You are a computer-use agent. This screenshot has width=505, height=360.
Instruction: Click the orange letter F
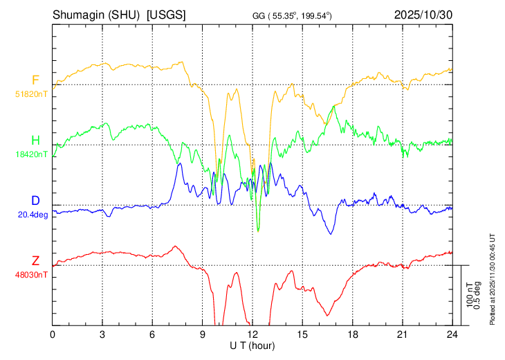tap(35, 80)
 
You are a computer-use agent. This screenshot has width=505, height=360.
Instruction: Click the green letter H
tap(35, 141)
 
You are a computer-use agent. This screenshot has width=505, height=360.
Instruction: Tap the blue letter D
tap(35, 201)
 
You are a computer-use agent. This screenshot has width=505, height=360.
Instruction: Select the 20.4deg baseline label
tap(33, 214)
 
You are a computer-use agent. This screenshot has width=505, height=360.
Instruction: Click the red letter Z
tap(35, 261)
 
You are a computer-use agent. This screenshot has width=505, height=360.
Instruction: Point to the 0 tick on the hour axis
tap(53, 334)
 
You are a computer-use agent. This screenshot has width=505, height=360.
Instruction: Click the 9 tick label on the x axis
tap(203, 334)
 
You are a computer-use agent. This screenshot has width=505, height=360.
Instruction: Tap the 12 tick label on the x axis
tap(252, 334)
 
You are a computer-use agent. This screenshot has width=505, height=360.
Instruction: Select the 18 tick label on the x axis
tap(352, 334)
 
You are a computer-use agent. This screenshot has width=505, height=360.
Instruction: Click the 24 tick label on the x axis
tap(452, 334)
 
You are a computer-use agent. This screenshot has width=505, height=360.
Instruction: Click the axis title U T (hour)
tap(253, 345)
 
